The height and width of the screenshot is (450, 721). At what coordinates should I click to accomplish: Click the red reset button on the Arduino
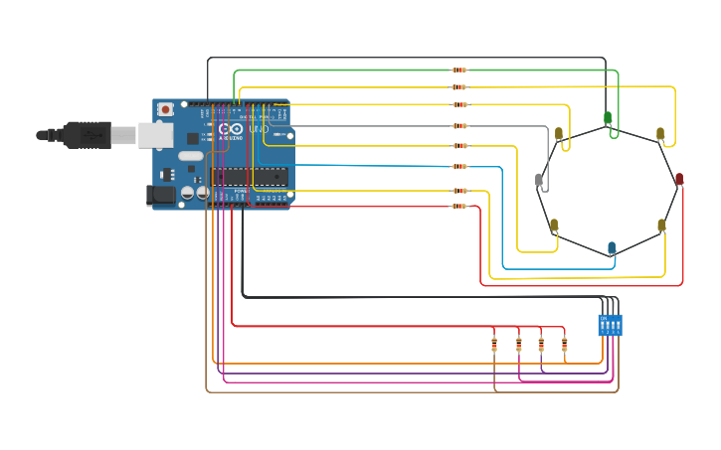coord(164,108)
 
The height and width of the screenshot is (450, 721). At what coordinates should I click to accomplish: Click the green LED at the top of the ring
coord(608,117)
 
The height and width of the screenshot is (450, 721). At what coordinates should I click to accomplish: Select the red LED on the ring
coord(679,179)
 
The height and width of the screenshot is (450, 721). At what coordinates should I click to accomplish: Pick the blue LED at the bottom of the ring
coord(612,247)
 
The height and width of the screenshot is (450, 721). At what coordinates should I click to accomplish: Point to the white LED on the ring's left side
coord(539,180)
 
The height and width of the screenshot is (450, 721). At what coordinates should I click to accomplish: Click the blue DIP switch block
coord(611,325)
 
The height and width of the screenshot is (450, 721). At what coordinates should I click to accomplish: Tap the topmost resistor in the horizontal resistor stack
coord(458,70)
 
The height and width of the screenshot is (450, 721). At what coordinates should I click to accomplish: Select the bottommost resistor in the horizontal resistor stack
coord(458,207)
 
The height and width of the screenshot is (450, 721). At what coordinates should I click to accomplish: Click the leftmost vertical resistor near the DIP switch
coord(494,345)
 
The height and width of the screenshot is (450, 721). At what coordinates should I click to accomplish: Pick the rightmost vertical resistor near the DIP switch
coord(564,345)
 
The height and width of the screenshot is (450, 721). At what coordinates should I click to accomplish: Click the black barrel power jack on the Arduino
coord(160,196)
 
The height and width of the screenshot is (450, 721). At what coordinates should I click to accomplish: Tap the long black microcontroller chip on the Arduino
coord(249,177)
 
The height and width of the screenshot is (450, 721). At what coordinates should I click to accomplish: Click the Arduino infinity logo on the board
coord(231,130)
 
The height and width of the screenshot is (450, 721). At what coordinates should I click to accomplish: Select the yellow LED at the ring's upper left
coord(559,132)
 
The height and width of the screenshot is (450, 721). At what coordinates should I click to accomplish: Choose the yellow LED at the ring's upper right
coord(659,133)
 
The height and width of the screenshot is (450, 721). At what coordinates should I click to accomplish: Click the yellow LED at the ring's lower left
coord(554,225)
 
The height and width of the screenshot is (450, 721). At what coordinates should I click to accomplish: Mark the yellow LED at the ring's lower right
coord(661,225)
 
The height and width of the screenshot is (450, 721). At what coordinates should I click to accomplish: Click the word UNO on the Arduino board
coord(258,129)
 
